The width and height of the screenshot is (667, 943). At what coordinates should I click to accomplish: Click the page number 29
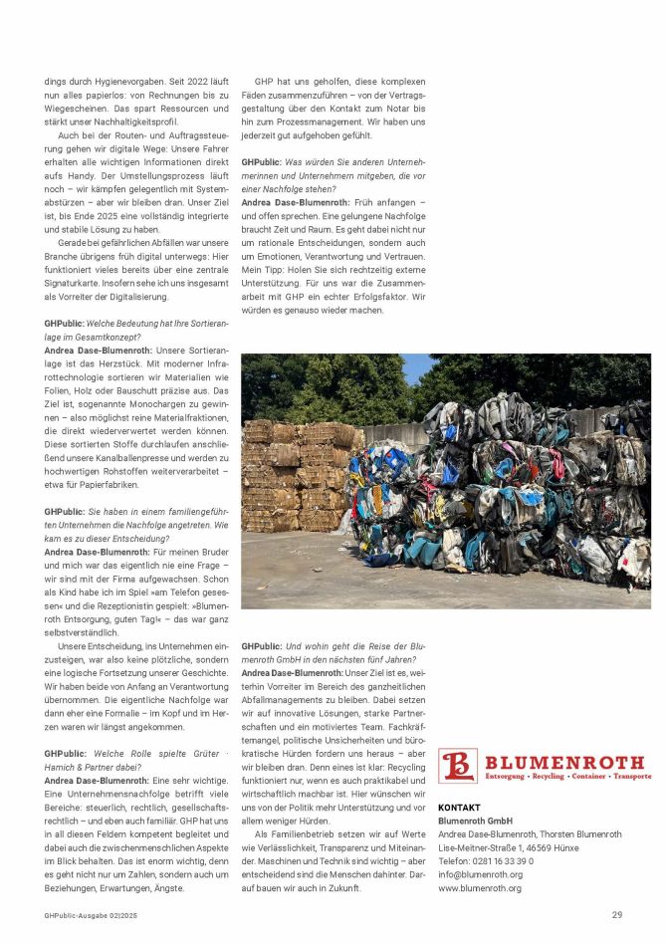(617, 914)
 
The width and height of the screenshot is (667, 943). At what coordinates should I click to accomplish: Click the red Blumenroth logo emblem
(458, 766)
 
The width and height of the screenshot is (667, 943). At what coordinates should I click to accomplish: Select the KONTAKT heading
(459, 808)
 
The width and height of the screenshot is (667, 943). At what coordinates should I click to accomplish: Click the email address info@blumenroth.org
(481, 874)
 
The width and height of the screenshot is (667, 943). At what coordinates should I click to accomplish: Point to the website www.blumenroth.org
(480, 888)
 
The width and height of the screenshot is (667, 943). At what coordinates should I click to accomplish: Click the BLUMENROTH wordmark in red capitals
(564, 762)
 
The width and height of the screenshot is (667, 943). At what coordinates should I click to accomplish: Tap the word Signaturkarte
(79, 282)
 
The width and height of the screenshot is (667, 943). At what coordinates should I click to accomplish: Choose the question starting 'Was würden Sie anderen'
(333, 174)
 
